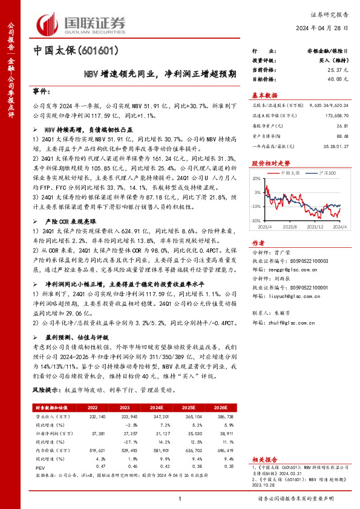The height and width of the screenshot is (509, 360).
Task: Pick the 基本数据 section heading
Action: click(264, 95)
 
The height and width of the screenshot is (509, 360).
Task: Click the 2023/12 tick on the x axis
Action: click(316, 227)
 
